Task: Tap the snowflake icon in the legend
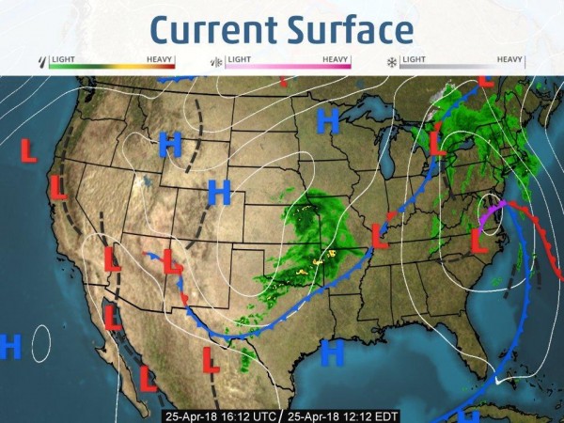click(391, 63)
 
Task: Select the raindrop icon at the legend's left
click(40, 63)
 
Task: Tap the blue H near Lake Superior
click(327, 120)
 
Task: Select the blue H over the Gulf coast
click(332, 352)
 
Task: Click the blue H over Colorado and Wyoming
click(219, 193)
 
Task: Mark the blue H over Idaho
click(170, 144)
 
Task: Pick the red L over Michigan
click(437, 144)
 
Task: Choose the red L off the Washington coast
click(29, 150)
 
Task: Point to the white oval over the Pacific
click(41, 343)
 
